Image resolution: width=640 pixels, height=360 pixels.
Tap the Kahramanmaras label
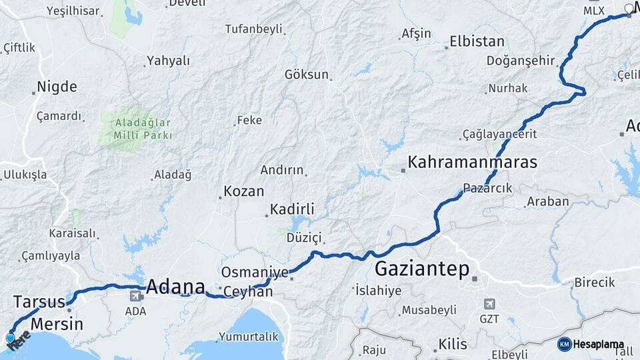473,162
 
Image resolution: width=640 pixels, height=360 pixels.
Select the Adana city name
175,287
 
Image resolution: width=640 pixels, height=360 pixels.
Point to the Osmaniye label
254,272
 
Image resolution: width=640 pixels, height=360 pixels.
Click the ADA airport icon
135,295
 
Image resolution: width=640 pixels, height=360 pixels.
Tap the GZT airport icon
489,304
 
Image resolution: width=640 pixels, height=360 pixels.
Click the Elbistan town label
477,41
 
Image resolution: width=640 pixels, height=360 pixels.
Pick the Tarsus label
39,301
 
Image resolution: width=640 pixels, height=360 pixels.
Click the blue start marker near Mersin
10,339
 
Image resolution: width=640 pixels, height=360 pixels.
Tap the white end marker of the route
629,9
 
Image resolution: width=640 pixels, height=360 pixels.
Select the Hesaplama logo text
598,344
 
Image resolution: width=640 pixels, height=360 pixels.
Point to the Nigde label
57,87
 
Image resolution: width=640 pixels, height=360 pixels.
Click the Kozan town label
244,191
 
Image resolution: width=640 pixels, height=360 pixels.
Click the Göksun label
307,75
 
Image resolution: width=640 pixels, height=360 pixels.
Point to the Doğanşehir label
521,61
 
